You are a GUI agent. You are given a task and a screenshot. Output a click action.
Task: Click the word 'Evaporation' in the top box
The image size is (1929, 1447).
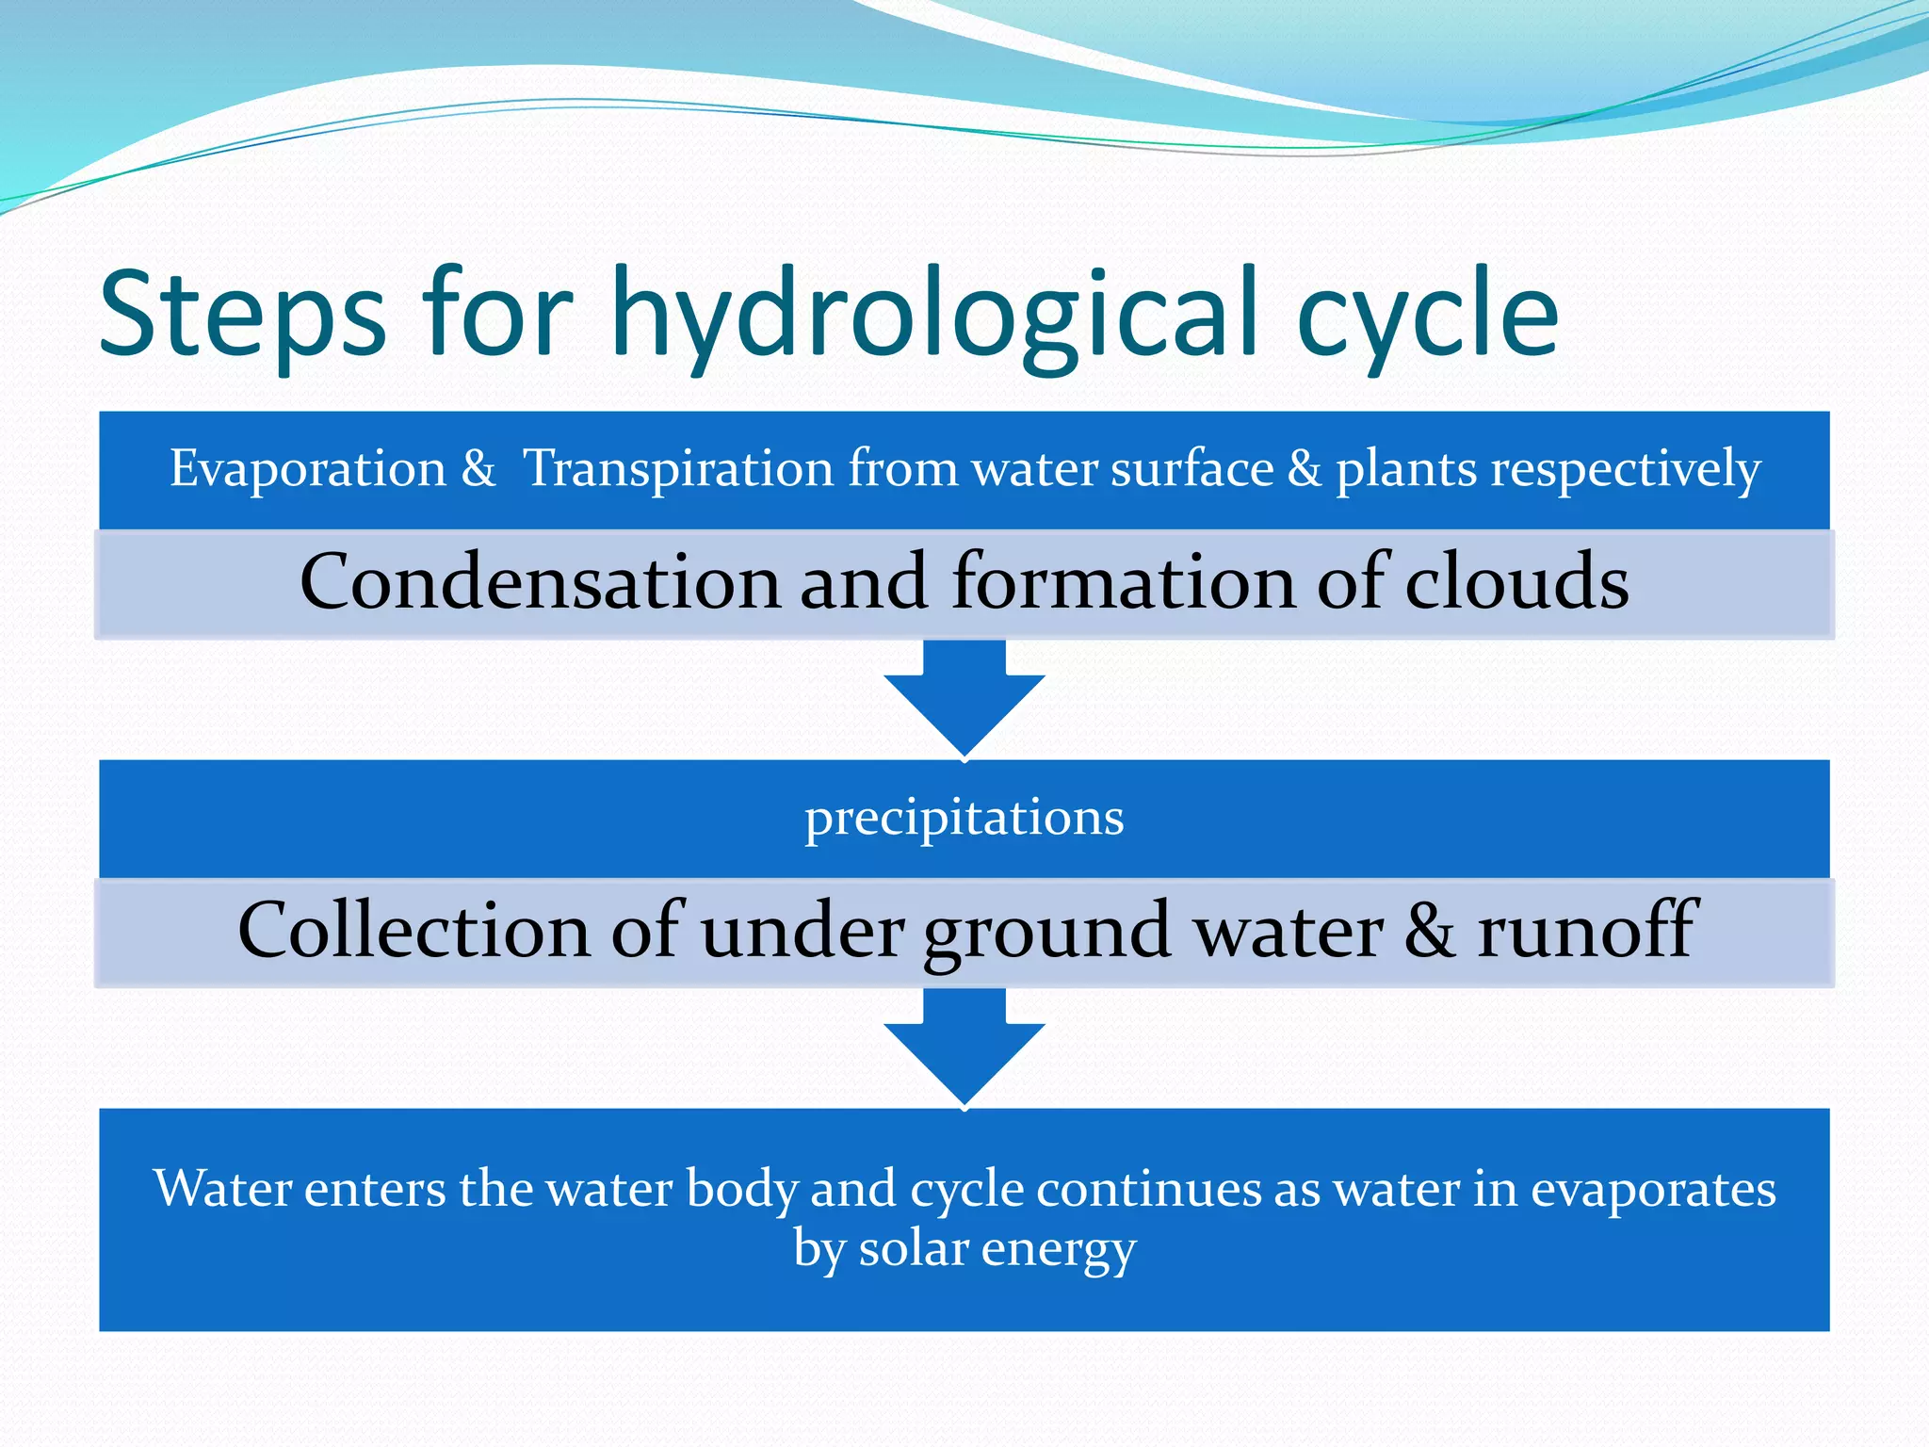[308, 468]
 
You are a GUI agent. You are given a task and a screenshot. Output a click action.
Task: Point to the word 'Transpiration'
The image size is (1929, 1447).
[678, 468]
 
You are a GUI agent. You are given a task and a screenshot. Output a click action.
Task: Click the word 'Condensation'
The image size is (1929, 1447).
[539, 582]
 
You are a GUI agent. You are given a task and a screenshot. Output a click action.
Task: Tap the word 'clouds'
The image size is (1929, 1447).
[1516, 582]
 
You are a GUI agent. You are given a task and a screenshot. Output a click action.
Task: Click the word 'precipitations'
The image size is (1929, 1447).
[964, 818]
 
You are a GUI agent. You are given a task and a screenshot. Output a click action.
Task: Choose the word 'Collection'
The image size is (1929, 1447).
[413, 931]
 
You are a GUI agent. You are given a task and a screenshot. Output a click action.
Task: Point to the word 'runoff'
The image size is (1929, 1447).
[1587, 931]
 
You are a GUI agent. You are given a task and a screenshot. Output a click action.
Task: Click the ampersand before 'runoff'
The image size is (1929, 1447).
[1429, 931]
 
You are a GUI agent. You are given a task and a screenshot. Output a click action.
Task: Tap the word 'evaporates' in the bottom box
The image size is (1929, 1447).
[1653, 1189]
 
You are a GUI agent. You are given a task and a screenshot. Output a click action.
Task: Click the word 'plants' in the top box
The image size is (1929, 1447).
[1405, 468]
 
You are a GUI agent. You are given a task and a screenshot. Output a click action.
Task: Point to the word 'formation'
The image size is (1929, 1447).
[1124, 582]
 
